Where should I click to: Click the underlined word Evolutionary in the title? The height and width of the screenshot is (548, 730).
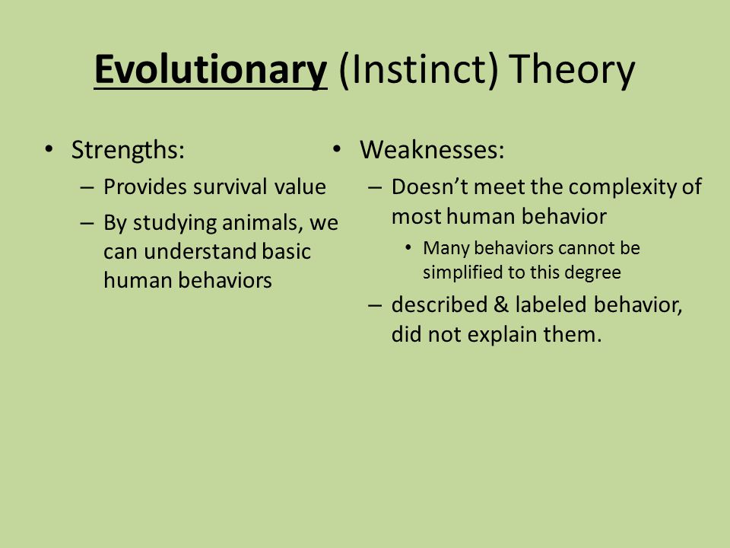pyautogui.click(x=211, y=70)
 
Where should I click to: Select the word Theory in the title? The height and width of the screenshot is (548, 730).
pyautogui.click(x=572, y=70)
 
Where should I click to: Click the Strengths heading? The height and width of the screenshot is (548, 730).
pyautogui.click(x=128, y=151)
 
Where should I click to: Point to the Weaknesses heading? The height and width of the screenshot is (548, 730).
pyautogui.click(x=432, y=150)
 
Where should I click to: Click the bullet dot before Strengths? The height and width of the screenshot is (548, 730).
pyautogui.click(x=49, y=149)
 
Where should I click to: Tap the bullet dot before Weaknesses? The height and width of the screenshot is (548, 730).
pyautogui.click(x=337, y=149)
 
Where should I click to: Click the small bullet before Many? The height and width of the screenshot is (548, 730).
pyautogui.click(x=408, y=247)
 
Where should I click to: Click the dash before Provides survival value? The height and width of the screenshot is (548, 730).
pyautogui.click(x=87, y=187)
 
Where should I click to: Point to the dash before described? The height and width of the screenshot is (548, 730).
pyautogui.click(x=375, y=306)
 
